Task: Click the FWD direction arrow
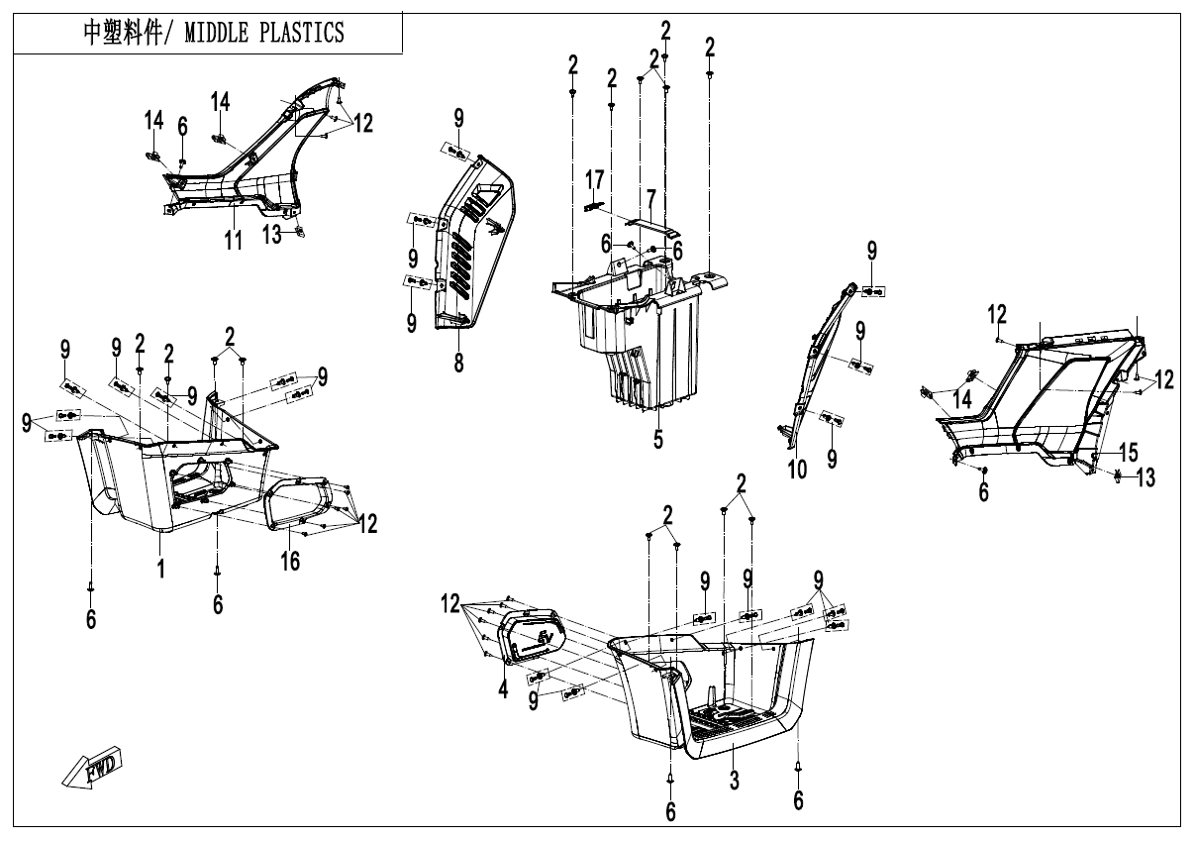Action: [x=90, y=770]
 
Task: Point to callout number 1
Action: [x=160, y=567]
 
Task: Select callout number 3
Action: [x=734, y=780]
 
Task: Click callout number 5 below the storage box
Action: [x=658, y=438]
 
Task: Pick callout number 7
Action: [x=650, y=197]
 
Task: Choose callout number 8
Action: [x=459, y=363]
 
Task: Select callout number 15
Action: [x=1129, y=453]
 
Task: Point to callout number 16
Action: [x=289, y=561]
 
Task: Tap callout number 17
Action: [x=594, y=180]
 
